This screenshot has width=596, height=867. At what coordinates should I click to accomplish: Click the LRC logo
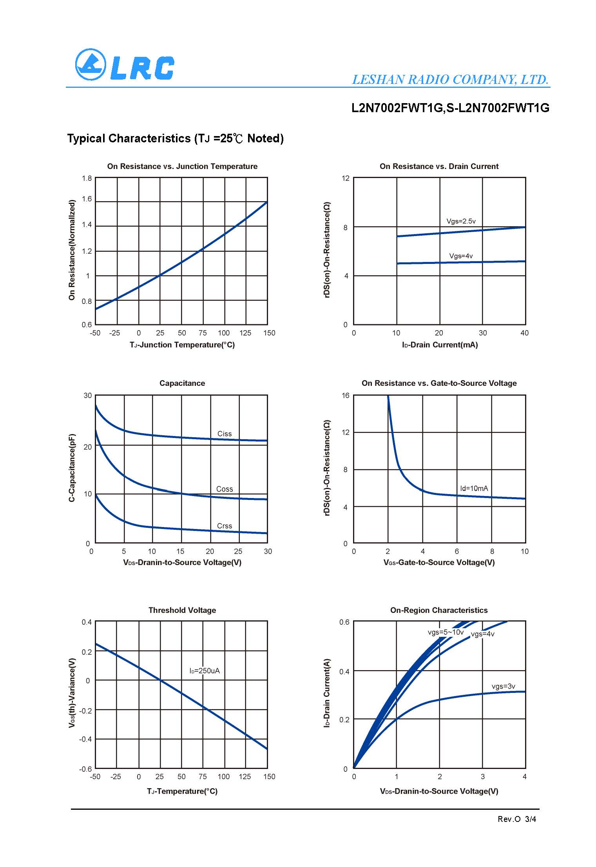124,65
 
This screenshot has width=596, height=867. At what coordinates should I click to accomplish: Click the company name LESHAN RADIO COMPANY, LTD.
450,80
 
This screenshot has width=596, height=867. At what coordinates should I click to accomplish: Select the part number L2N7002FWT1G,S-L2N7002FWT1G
450,108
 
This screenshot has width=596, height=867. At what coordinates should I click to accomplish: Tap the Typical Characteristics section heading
175,138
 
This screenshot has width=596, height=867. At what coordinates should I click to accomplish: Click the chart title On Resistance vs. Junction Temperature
182,166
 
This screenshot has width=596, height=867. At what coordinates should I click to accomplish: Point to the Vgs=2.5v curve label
461,221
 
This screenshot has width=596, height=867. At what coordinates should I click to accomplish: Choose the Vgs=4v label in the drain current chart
461,256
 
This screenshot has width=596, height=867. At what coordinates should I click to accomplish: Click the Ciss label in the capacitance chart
225,434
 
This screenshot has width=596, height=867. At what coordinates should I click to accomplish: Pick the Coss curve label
225,489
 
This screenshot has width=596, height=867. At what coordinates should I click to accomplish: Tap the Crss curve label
225,526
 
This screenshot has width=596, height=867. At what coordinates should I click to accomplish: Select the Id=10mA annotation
474,488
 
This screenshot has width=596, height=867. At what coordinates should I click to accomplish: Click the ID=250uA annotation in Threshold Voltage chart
205,671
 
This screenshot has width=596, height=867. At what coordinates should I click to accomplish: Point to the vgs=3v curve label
503,686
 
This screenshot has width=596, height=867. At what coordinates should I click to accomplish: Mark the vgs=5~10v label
446,632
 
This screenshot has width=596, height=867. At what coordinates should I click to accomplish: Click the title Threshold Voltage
182,610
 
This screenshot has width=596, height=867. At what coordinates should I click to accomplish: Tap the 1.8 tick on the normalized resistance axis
87,178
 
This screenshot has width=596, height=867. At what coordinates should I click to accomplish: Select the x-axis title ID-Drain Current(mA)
440,345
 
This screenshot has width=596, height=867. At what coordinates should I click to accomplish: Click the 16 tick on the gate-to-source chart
345,395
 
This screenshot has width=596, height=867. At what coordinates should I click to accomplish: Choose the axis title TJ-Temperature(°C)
182,791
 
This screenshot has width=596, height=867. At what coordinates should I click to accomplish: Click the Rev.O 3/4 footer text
516,819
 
